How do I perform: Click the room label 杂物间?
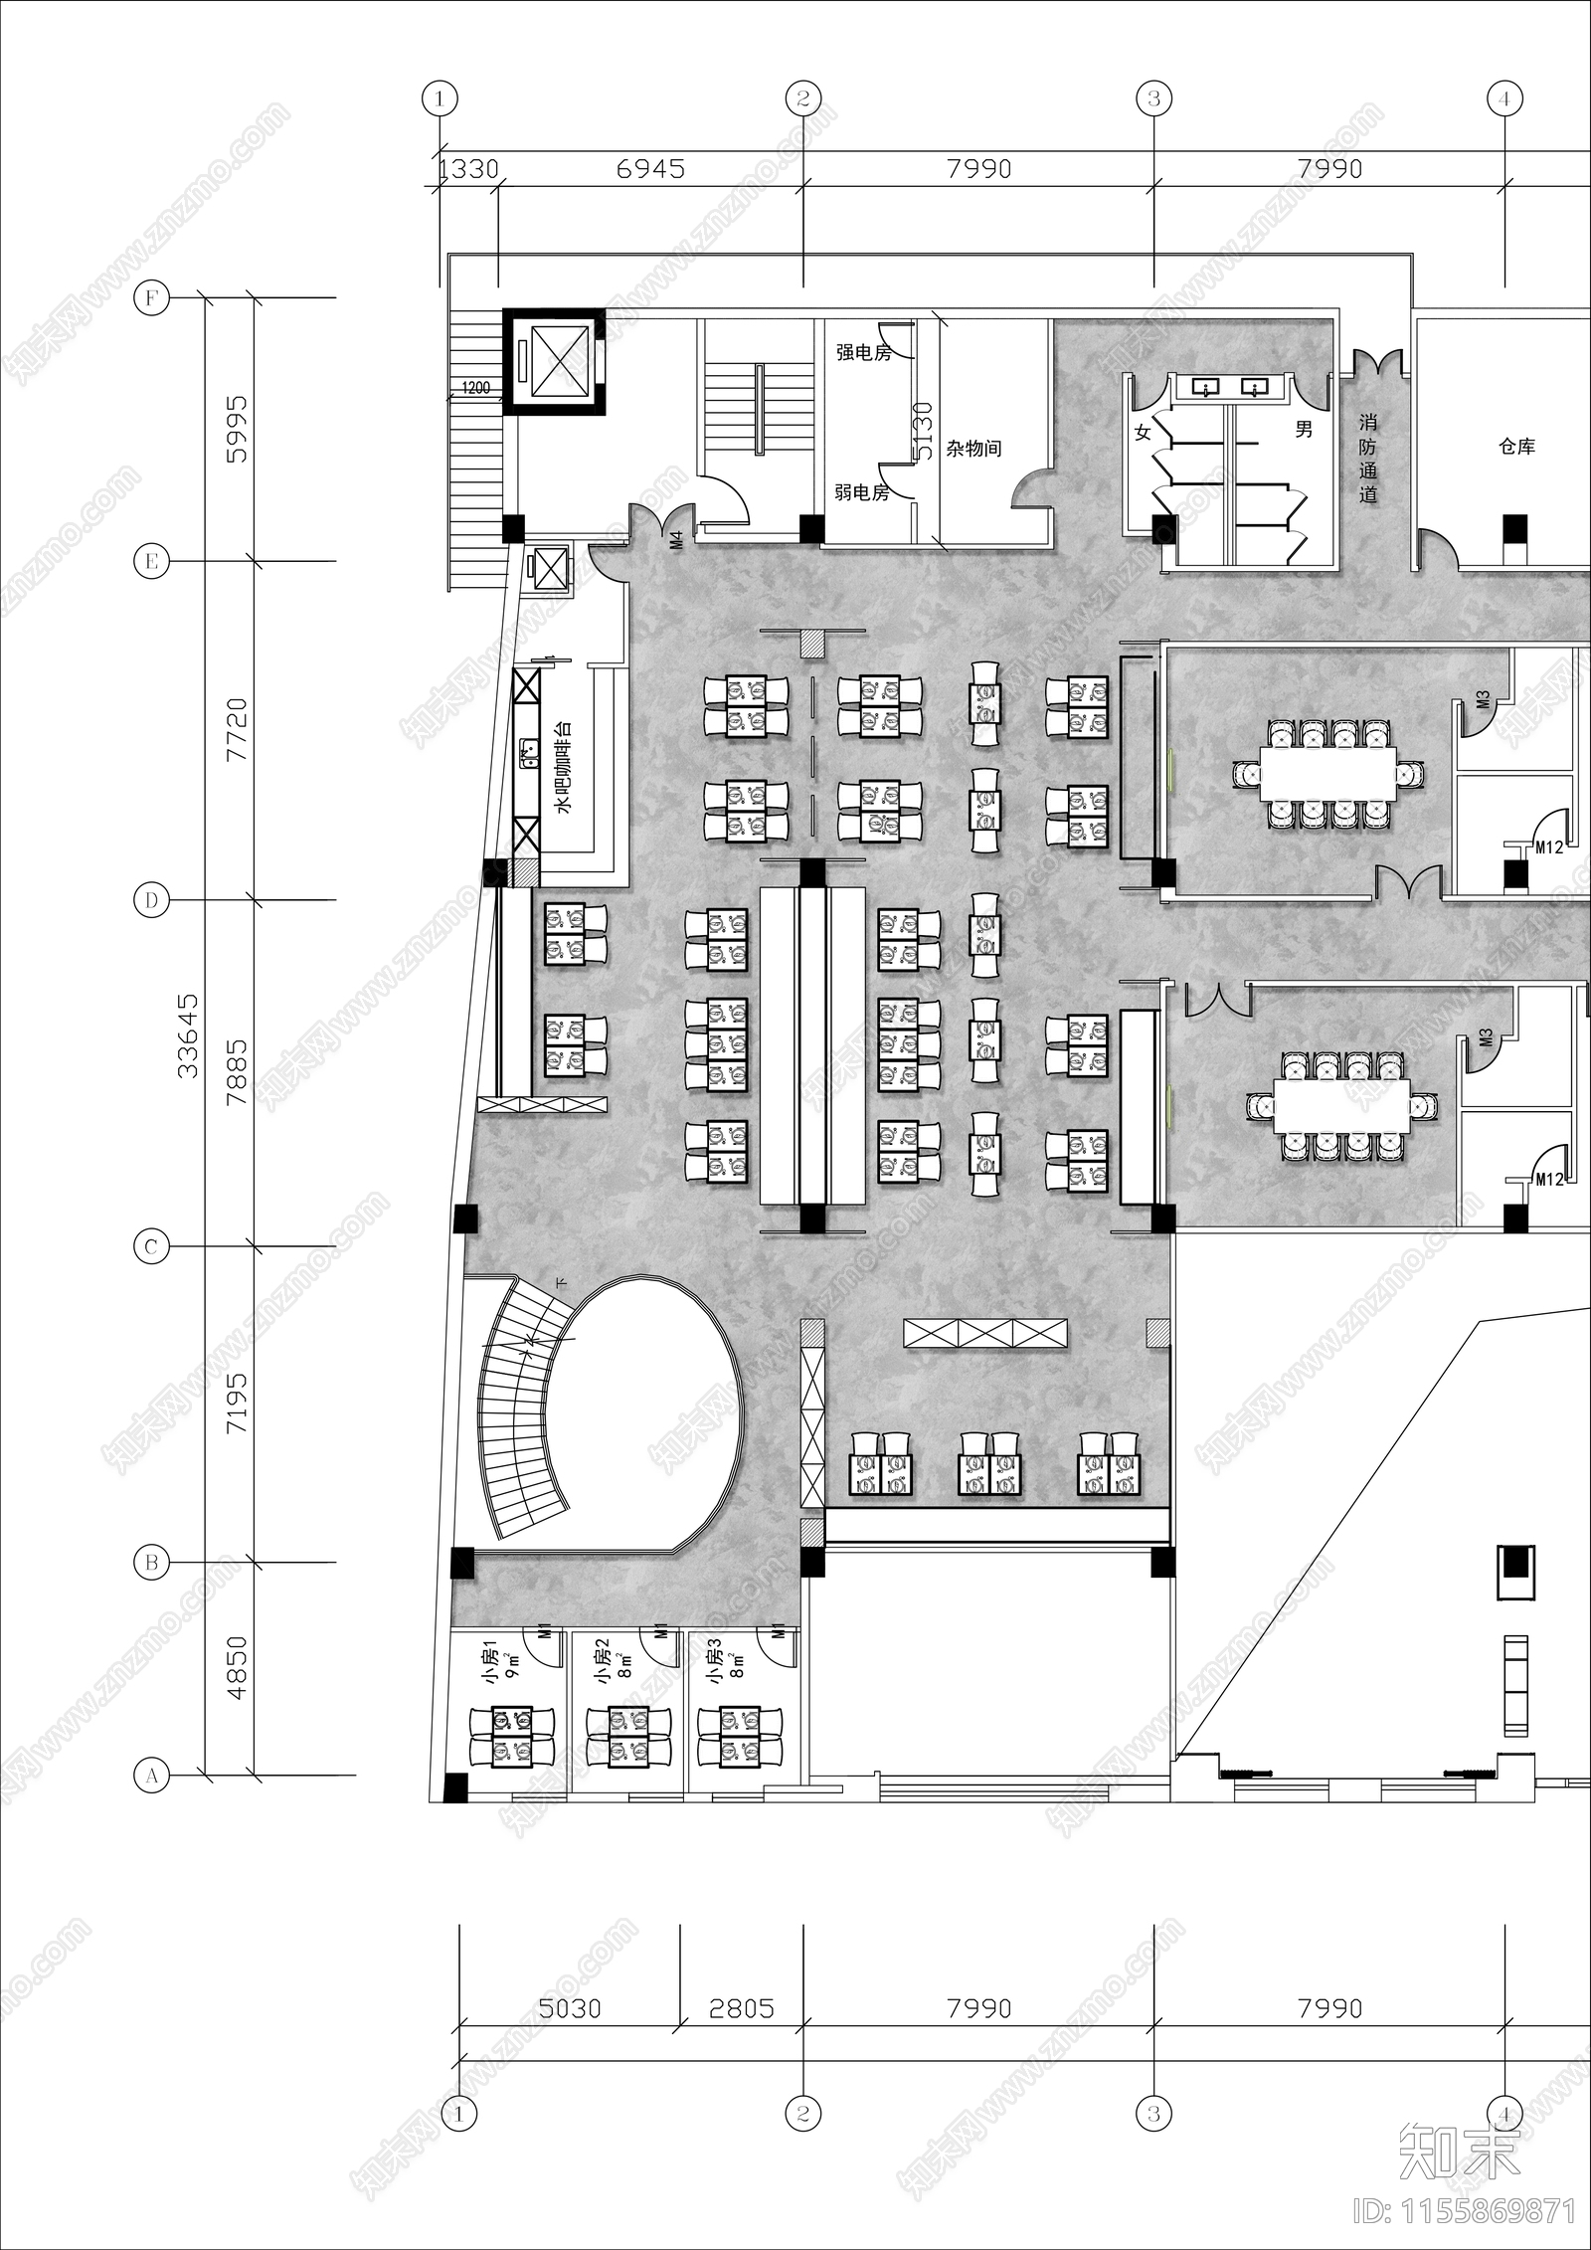pyautogui.click(x=972, y=449)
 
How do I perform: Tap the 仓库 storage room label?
pyautogui.click(x=1516, y=447)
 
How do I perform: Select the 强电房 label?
pyautogui.click(x=862, y=352)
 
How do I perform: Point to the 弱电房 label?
pyautogui.click(x=861, y=491)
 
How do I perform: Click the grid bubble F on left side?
pyautogui.click(x=151, y=297)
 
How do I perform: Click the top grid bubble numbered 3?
pyautogui.click(x=1153, y=98)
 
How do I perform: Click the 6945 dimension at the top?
pyautogui.click(x=650, y=169)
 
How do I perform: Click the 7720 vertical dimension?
pyautogui.click(x=237, y=730)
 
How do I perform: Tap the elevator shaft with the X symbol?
pyautogui.click(x=553, y=360)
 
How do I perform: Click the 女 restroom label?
pyautogui.click(x=1143, y=433)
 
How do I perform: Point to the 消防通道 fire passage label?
pyautogui.click(x=1368, y=459)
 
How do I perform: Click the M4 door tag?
pyautogui.click(x=675, y=541)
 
